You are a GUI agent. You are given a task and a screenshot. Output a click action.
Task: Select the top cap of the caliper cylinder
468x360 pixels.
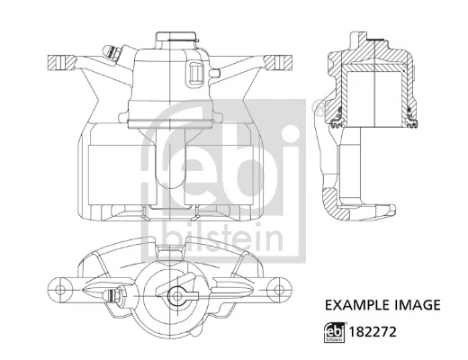click(174, 37)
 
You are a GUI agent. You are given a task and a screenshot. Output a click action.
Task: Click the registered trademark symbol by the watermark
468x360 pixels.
click(314, 111)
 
